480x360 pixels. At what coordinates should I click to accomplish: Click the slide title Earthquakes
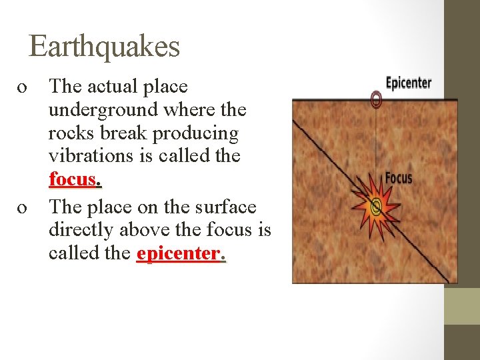[105, 47]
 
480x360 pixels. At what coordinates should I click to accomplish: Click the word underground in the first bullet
[100, 110]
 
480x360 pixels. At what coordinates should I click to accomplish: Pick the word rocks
[70, 133]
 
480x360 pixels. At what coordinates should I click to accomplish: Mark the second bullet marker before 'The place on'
[22, 208]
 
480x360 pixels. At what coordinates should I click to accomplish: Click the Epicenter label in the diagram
[409, 83]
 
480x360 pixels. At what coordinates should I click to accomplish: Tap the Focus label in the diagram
[399, 178]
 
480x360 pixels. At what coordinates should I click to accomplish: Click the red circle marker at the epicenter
[376, 100]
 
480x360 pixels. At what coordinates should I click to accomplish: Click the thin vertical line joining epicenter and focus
[376, 147]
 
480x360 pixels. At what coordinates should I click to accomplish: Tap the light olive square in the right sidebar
[462, 307]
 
